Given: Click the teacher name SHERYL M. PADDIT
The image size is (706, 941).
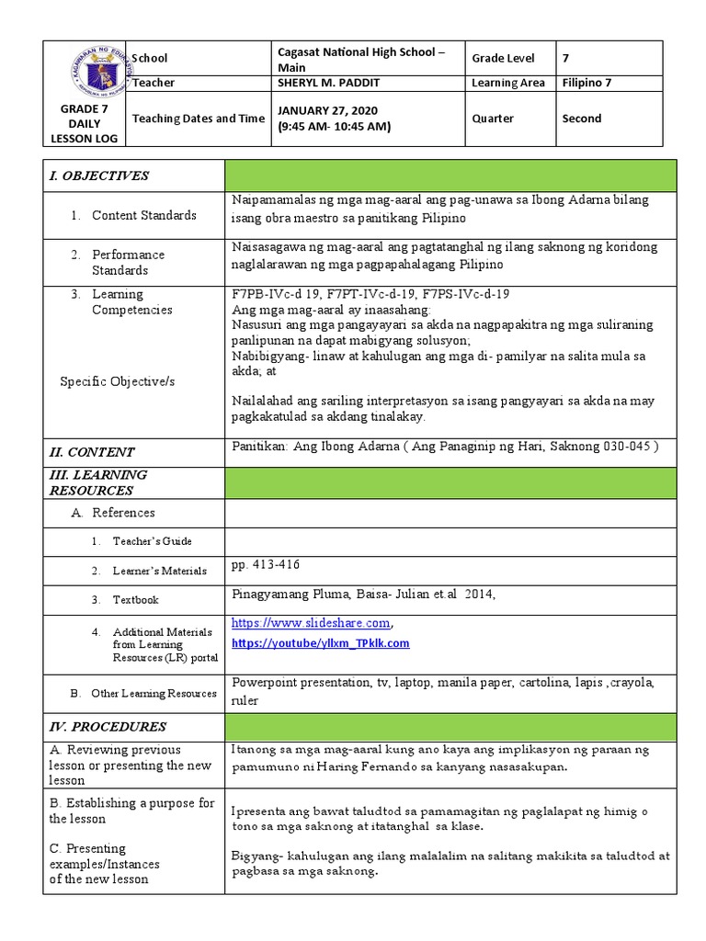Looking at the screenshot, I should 328,83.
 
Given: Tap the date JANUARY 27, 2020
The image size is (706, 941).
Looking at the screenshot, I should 327,110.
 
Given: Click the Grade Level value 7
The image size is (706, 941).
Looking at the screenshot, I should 566,58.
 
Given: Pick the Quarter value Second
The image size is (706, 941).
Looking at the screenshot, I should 582,119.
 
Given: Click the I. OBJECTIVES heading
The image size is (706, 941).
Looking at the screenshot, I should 100,176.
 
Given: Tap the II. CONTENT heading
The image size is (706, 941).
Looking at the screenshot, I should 92,451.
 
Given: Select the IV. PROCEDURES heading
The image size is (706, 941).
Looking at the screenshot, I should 108,726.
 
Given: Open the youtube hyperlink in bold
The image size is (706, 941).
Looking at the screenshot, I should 321,643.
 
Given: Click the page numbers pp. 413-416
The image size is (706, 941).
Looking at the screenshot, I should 266,564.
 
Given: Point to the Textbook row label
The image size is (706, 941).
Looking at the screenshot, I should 135,600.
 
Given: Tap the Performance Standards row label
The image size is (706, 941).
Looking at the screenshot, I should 128,262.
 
